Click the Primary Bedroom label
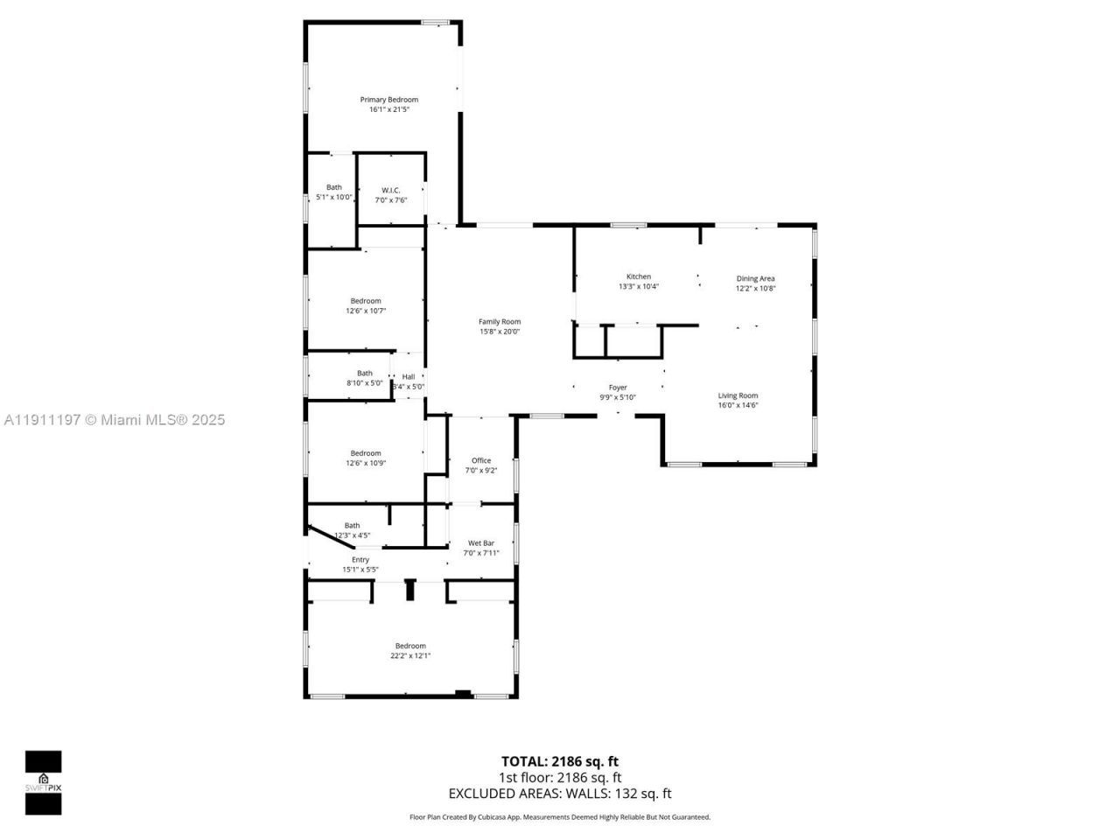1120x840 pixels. tap(389, 100)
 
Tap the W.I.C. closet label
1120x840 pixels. tap(390, 190)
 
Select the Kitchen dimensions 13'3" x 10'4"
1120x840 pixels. tap(638, 286)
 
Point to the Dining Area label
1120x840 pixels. tap(755, 278)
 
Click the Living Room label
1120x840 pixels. tap(738, 395)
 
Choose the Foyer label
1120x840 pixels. tap(618, 388)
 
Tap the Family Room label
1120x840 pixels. tap(499, 322)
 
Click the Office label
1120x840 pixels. tap(481, 460)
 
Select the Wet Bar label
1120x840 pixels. tap(481, 542)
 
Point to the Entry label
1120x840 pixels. tap(360, 560)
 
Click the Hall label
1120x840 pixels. tap(409, 377)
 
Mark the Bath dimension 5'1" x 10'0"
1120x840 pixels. tap(334, 197)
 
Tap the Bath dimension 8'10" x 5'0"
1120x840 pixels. tap(364, 382)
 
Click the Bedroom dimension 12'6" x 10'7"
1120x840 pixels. tap(366, 311)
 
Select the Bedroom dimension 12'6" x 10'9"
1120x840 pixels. tap(366, 463)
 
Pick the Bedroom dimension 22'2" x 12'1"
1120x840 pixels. tap(410, 655)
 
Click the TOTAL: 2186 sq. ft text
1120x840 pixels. tap(559, 761)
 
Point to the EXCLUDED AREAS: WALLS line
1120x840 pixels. tap(559, 794)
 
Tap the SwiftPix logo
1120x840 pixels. tap(43, 782)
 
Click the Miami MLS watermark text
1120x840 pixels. tap(115, 420)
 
